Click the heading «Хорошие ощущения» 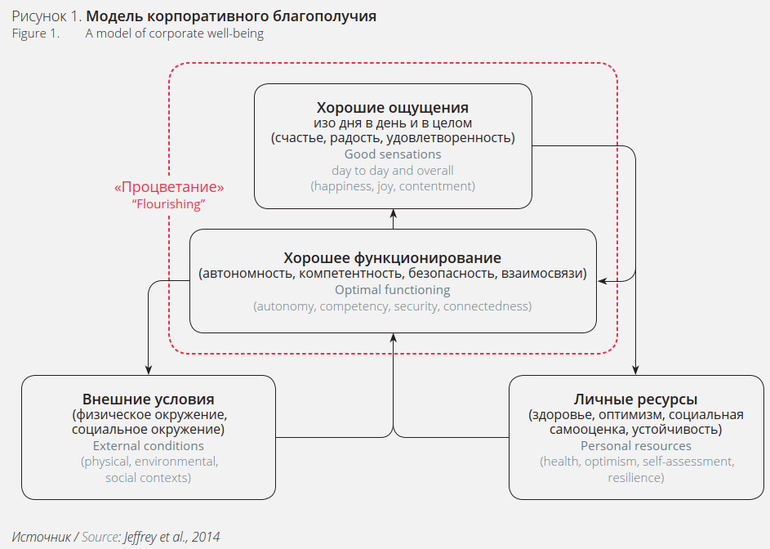tap(393, 108)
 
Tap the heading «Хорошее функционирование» tap(393, 258)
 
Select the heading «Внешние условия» tap(149, 399)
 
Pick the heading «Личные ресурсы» tap(636, 399)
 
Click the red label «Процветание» tap(169, 187)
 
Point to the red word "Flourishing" tap(168, 204)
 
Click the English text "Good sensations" tap(393, 154)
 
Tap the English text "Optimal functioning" tap(393, 289)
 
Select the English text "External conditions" tap(149, 446)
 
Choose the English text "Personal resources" tap(636, 446)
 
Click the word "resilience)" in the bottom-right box tap(636, 477)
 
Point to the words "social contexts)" tap(149, 477)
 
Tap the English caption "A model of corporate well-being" tap(175, 33)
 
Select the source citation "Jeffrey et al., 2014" tap(171, 537)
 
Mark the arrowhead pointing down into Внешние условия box tap(149, 370)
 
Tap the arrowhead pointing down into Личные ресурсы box tap(636, 370)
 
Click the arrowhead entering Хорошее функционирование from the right tap(603, 281)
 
